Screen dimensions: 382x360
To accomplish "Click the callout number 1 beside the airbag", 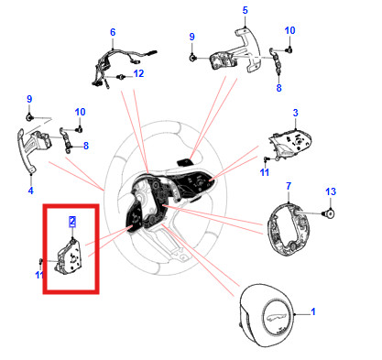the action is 312,311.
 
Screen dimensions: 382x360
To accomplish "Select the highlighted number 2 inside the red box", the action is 72,222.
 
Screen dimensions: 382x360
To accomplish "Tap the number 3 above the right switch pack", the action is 295,113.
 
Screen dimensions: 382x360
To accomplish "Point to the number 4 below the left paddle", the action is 30,191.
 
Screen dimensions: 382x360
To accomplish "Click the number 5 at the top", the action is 246,10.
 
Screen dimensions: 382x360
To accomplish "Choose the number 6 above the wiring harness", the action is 113,32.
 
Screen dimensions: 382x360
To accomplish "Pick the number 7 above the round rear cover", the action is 289,186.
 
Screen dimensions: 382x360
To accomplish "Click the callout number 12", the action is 138,73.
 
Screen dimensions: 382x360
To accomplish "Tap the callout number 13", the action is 331,191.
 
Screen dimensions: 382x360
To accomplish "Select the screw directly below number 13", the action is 329,213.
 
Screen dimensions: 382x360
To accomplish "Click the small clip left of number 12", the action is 122,76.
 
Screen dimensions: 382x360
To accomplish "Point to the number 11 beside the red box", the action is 39,275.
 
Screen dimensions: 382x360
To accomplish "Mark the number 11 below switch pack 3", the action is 265,172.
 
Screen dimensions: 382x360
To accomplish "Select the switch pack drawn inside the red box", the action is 68,256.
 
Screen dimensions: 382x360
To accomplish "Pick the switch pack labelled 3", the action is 289,143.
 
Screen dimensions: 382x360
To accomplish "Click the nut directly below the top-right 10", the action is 289,49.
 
